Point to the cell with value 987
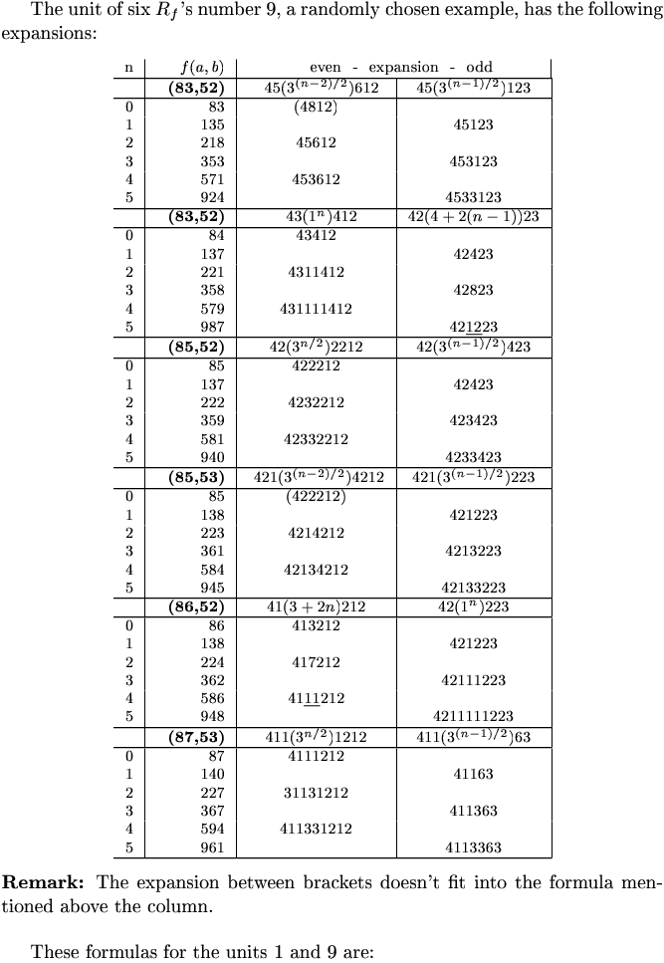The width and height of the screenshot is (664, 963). (x=210, y=327)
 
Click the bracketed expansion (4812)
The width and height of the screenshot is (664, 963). (x=316, y=107)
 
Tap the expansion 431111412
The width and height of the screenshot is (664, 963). (x=316, y=309)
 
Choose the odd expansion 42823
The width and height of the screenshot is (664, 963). (x=474, y=290)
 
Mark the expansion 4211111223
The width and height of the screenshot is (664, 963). (x=474, y=716)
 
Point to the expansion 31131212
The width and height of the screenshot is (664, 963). (x=316, y=793)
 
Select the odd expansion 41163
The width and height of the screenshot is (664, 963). (x=474, y=774)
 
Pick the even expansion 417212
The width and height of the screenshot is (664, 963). (x=316, y=662)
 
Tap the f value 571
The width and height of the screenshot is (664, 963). (x=210, y=179)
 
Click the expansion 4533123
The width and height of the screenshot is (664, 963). (x=474, y=197)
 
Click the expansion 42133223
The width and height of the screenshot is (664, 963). (x=474, y=587)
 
